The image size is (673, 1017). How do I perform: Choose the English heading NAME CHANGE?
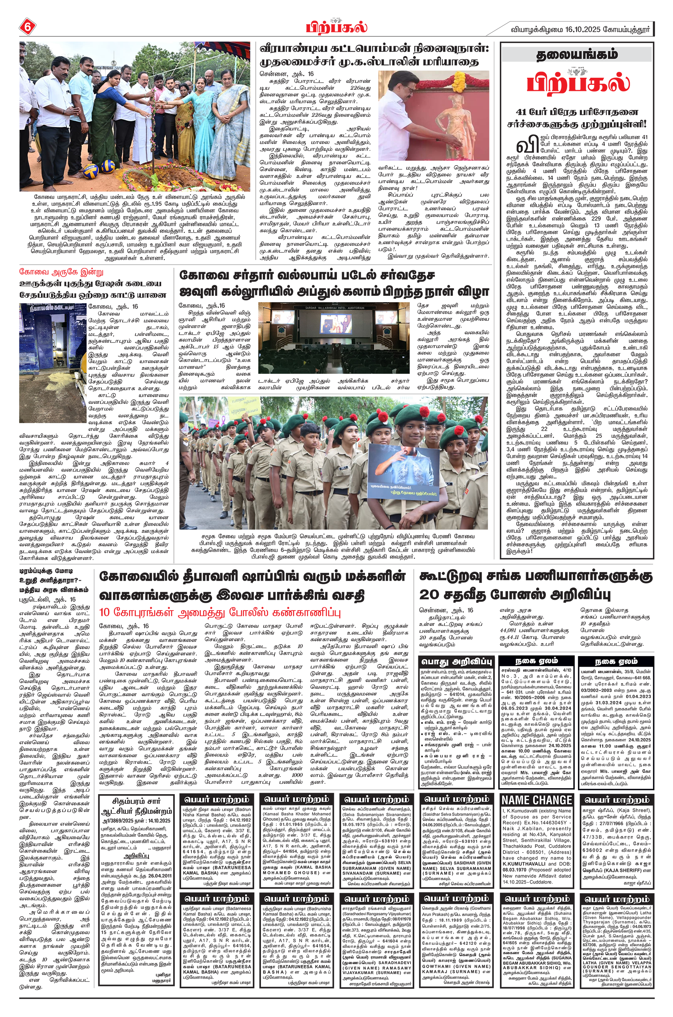(x=537, y=800)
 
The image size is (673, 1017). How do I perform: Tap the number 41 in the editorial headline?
(x=523, y=114)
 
